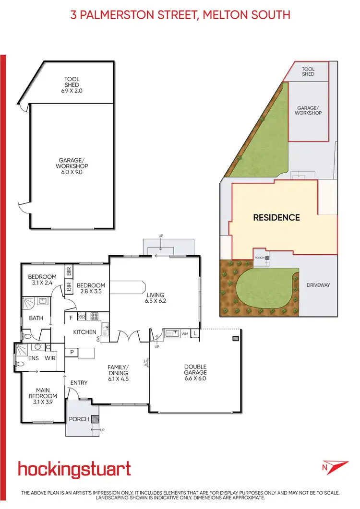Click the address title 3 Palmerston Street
pos(180,15)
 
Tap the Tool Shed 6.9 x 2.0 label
pos(72,84)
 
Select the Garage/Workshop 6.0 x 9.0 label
pos(72,166)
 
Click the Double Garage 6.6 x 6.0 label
pos(195,372)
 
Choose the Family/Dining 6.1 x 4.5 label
pos(118,372)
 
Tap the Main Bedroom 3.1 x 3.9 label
pos(42,396)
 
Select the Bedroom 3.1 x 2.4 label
pos(42,280)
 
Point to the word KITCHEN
pos(85,332)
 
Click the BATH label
pos(36,318)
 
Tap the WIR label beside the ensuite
pos(50,358)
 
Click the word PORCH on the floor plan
pos(79,419)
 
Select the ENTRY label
pos(79,382)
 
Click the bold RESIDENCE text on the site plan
pos(276,217)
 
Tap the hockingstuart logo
pos(74,468)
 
